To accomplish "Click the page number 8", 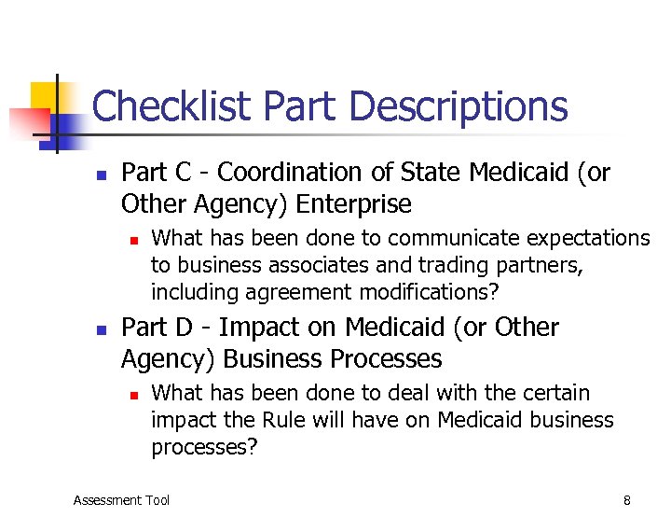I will tap(626, 500).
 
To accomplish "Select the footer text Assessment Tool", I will tap(121, 500).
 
